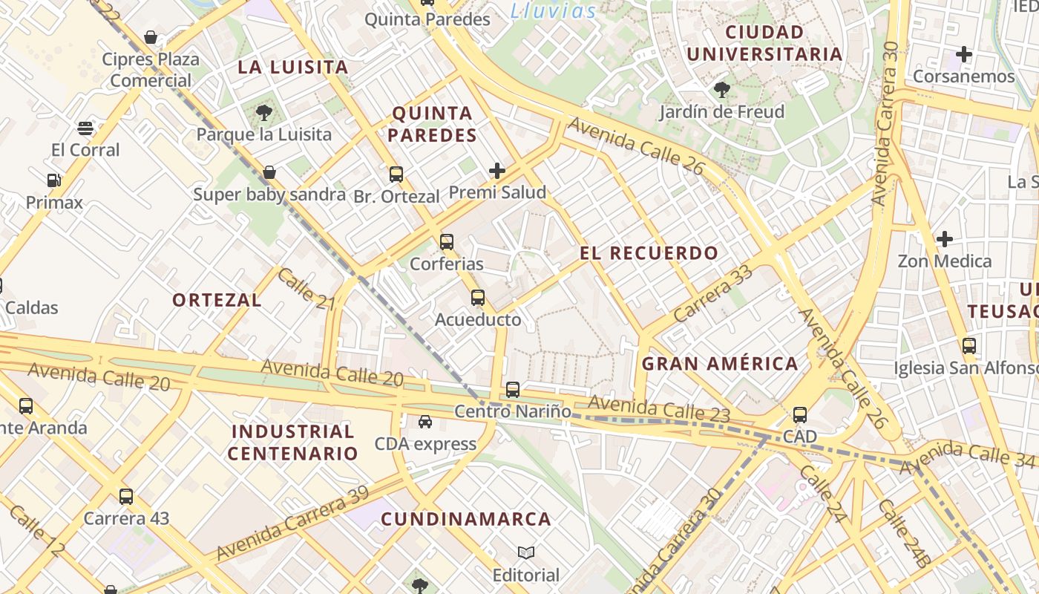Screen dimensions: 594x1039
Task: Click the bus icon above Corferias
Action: tap(446, 242)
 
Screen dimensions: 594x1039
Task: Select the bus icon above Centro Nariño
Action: tap(512, 390)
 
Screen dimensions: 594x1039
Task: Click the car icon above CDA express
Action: tap(425, 422)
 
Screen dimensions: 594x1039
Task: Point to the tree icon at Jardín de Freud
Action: tap(721, 91)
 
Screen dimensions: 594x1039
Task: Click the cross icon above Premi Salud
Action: tap(497, 172)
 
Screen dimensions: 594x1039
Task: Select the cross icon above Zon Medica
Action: tap(944, 239)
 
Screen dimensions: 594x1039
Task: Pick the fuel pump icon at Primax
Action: tap(53, 180)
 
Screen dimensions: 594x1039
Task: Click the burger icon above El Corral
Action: tap(85, 128)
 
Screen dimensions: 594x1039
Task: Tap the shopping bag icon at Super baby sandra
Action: tap(269, 173)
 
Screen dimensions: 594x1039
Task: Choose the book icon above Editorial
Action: tap(526, 553)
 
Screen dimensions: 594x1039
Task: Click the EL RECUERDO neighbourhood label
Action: tap(649, 253)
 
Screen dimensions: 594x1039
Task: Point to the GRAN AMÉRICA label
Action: tap(720, 364)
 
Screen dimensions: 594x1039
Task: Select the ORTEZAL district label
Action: tap(217, 300)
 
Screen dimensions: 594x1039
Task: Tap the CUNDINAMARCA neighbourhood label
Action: tap(466, 519)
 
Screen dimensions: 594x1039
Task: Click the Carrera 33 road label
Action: tap(712, 294)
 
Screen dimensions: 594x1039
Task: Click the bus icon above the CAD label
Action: tap(799, 415)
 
